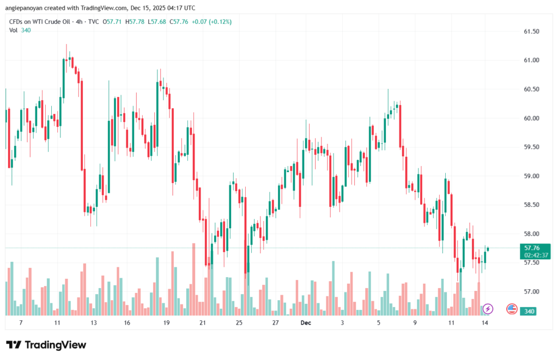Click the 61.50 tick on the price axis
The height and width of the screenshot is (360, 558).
coord(531,32)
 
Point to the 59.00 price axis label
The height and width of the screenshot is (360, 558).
coord(531,176)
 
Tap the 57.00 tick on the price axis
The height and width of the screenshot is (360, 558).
coord(531,291)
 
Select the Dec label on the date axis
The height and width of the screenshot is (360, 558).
coord(305,323)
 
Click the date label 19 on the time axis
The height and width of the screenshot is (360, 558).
coord(166,323)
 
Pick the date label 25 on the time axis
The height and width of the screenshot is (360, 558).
coord(239,323)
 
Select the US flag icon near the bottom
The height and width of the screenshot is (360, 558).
coord(512,309)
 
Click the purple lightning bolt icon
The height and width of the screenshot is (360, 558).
coord(488,309)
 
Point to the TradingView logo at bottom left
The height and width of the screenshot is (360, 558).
coord(46,345)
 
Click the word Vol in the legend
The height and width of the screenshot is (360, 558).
coord(14,30)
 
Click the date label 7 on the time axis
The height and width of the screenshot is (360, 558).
coord(21,323)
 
